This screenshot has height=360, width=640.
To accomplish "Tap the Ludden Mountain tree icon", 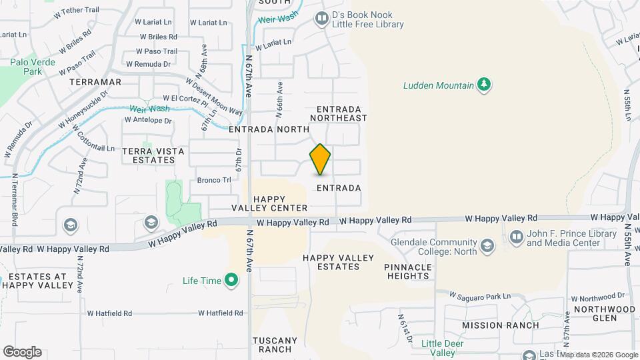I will coord(485,85).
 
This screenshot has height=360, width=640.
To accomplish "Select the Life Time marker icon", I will coord(232,281).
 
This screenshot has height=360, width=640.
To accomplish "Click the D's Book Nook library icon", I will coord(322,18).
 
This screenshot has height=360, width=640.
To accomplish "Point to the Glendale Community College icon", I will coord(488,247).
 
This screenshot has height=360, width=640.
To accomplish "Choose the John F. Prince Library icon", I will coord(517,237).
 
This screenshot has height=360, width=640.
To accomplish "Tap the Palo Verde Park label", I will coord(31,67).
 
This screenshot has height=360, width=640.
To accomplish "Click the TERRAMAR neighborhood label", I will coord(95,82).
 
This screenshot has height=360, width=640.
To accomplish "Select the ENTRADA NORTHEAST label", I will coord(342,113).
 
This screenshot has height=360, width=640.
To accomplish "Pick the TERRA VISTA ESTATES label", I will coord(153,155).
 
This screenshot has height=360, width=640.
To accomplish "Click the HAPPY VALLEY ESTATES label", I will coord(331,262).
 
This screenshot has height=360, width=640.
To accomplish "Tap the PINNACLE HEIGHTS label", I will coord(407,271).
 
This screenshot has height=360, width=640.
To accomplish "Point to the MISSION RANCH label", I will coord(501,325).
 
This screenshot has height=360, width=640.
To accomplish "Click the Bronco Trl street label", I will coord(213,180).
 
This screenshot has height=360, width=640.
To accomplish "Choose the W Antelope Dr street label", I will coord(147,121).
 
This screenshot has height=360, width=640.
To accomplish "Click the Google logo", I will coord(22,352).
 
